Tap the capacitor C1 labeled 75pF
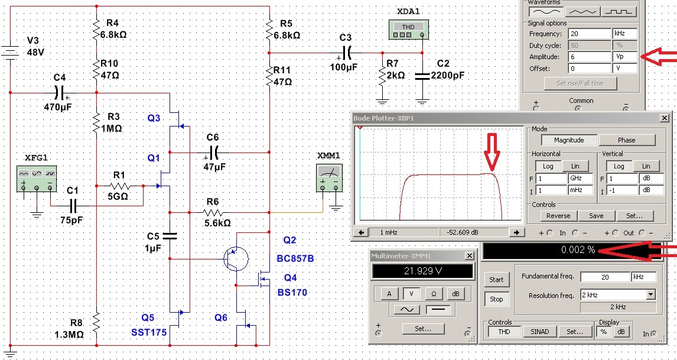(x=73, y=206)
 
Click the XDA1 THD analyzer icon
(x=408, y=30)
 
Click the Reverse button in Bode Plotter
(x=558, y=216)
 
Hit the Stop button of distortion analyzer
(x=496, y=299)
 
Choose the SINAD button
(x=539, y=332)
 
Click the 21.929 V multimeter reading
(x=422, y=271)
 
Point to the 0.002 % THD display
(x=578, y=250)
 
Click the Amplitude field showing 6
(x=588, y=57)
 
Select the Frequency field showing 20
(x=588, y=34)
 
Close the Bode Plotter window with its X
(x=665, y=118)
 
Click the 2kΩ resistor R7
(x=382, y=73)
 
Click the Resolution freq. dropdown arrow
(x=650, y=294)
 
